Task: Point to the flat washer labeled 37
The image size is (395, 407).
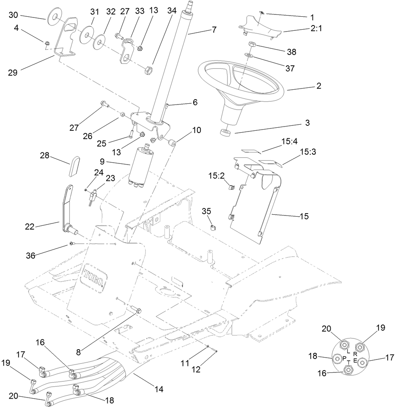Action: coord(249,56)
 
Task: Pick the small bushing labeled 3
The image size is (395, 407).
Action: coord(225,132)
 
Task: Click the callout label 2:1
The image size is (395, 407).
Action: coord(316,29)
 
